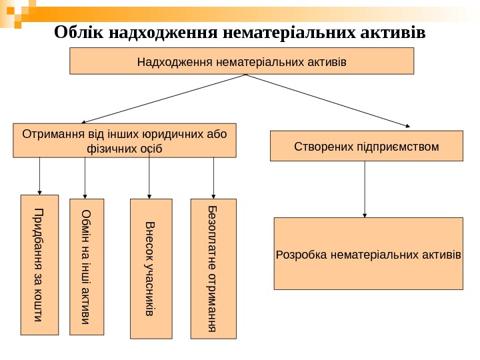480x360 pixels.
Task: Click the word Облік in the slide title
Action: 75,32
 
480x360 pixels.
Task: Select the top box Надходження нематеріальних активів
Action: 242,61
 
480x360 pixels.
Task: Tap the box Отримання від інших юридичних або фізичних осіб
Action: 125,139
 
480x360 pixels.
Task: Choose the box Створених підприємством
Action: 366,146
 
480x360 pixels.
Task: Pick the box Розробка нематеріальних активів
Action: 368,253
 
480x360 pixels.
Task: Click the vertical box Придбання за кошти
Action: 40,264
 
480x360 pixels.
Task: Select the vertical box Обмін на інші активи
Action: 87,267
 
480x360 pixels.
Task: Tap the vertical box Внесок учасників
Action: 150,268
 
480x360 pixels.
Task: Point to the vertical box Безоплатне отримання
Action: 213,268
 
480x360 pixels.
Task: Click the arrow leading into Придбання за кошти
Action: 40,176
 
